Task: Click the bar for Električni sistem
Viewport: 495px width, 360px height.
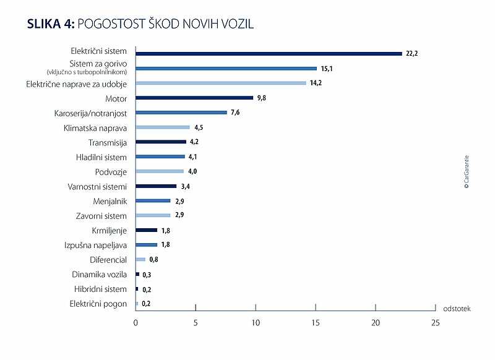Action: (x=269, y=54)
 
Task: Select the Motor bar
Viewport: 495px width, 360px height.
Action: (x=194, y=98)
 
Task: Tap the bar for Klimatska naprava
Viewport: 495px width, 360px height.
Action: (x=163, y=127)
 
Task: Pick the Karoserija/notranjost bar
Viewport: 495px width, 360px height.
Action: (x=181, y=113)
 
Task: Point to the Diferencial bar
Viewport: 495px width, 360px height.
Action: (x=140, y=259)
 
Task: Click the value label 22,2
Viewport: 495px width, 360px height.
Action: (x=411, y=53)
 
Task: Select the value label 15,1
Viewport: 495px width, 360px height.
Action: (x=327, y=69)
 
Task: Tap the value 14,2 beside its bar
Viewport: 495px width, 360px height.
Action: (x=316, y=83)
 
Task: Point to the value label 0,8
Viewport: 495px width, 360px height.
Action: (x=153, y=259)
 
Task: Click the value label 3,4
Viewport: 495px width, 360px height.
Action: (x=185, y=186)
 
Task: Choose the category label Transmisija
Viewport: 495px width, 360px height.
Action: (x=108, y=143)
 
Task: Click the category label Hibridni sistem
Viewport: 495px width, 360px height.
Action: (x=100, y=289)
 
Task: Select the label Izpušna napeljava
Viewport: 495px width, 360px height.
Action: (x=96, y=245)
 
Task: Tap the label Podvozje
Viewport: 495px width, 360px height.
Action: (x=111, y=172)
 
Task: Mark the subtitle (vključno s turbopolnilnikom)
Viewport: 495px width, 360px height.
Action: (x=87, y=72)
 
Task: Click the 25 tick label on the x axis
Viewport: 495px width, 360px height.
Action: (x=436, y=323)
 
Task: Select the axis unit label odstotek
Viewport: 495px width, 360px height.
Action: (x=457, y=309)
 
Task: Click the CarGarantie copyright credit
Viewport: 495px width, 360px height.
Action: (x=467, y=172)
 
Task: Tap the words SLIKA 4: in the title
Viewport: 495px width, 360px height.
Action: (x=51, y=24)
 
